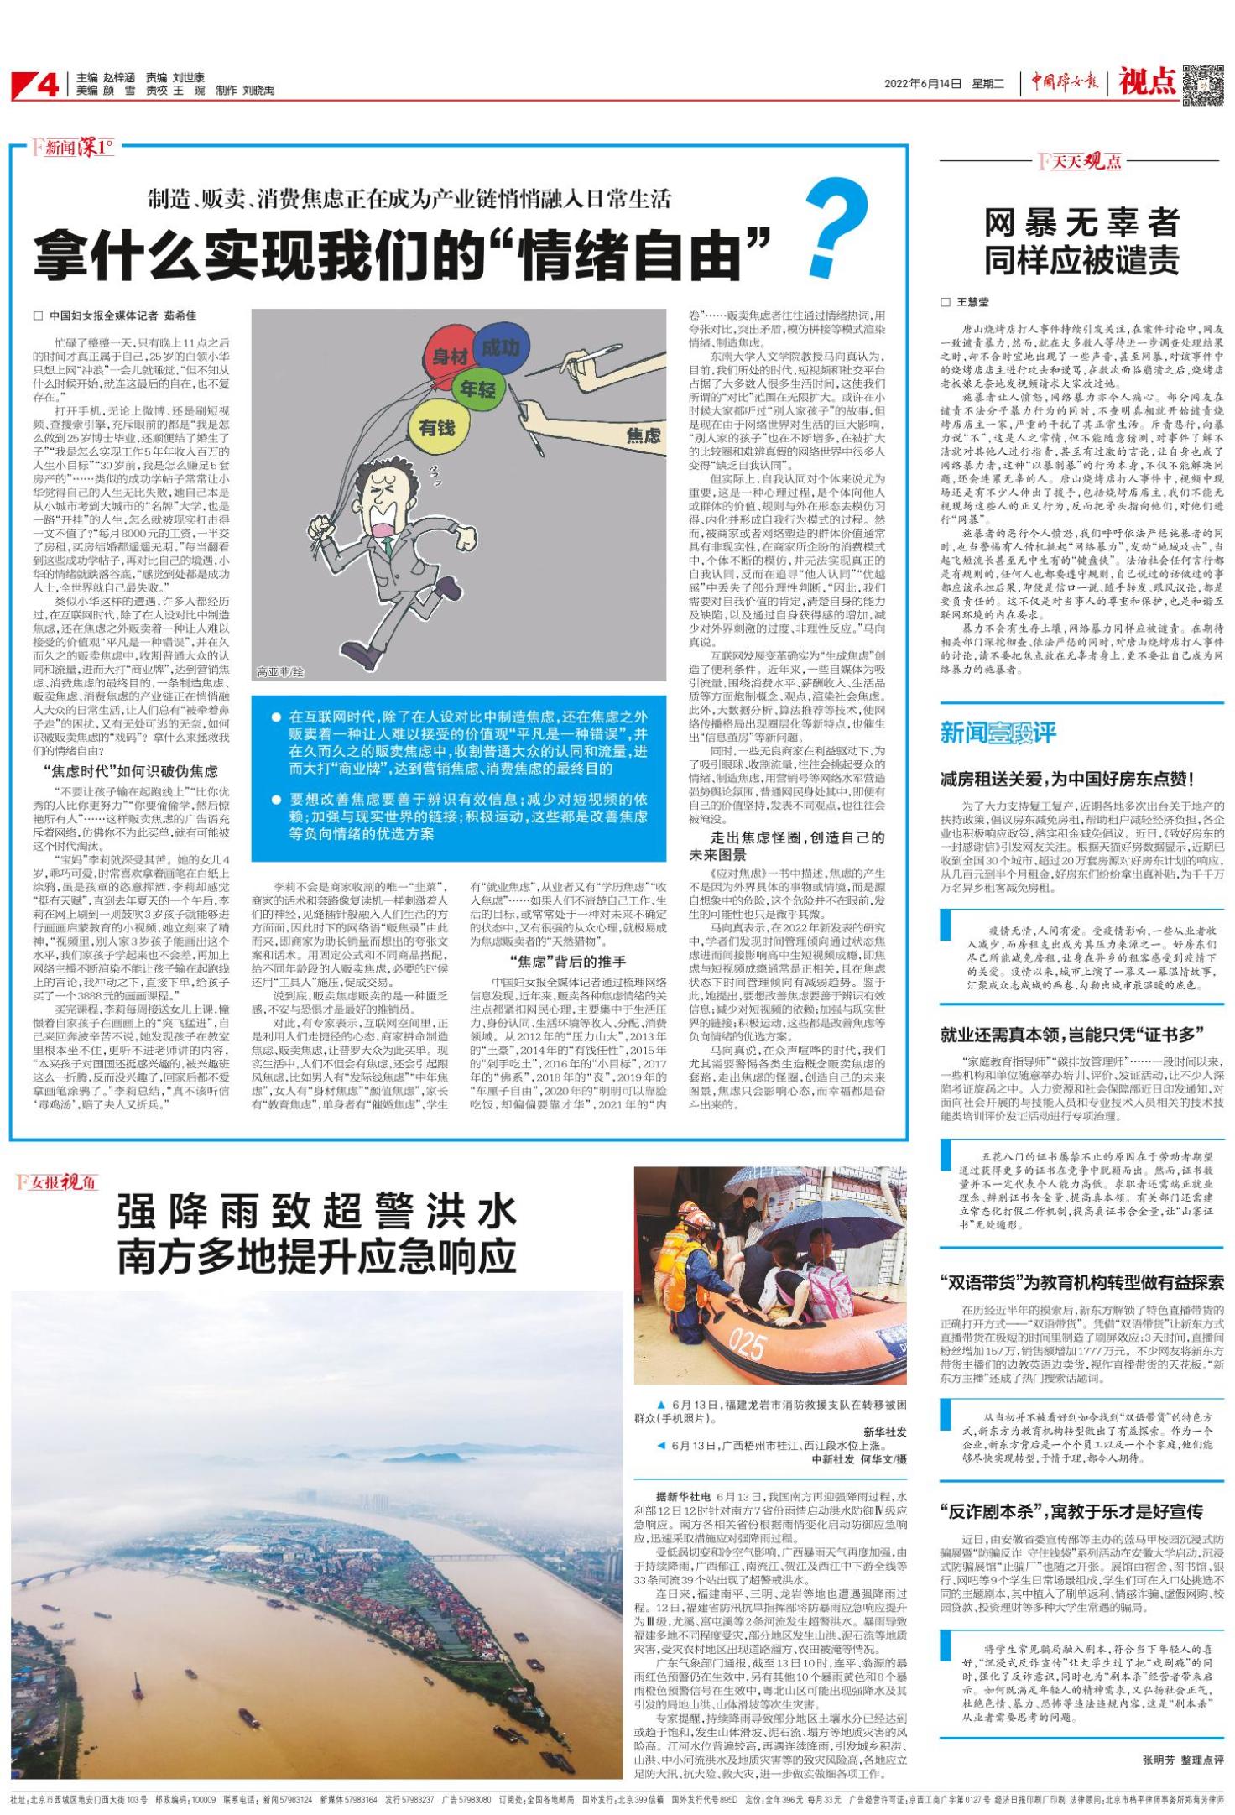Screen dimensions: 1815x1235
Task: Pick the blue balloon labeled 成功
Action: point(501,347)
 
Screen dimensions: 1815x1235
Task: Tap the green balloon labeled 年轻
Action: point(477,390)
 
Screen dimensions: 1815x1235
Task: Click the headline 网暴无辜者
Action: point(1081,223)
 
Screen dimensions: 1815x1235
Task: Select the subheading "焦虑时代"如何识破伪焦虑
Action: point(130,770)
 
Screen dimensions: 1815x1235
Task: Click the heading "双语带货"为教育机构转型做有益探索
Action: point(1081,1283)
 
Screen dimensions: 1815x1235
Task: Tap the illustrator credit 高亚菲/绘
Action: point(280,672)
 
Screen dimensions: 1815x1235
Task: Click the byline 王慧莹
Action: point(972,302)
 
